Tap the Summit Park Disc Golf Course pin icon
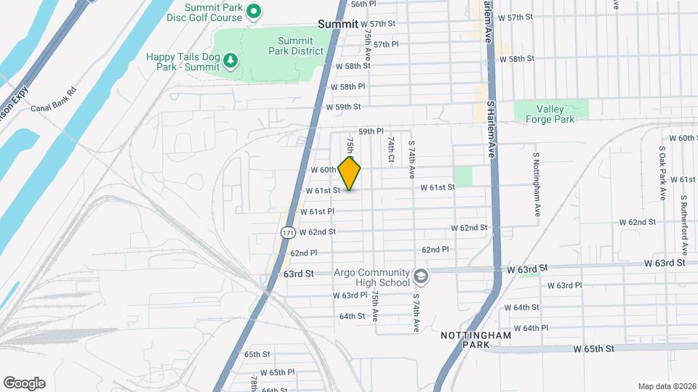(x=254, y=11)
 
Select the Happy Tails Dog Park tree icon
(x=230, y=60)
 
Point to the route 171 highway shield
(x=289, y=233)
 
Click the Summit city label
(x=338, y=24)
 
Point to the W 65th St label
(x=593, y=348)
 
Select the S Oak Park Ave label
(x=662, y=173)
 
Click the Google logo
(x=24, y=383)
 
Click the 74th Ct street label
(x=391, y=149)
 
